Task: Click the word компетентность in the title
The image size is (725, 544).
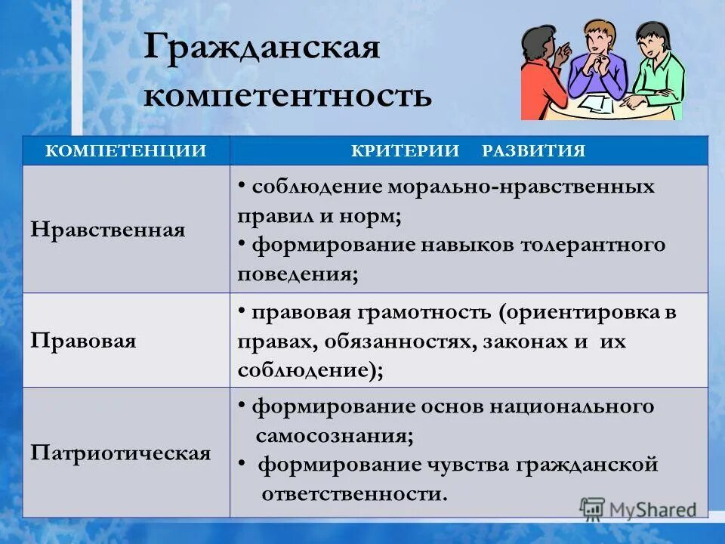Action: pos(288,95)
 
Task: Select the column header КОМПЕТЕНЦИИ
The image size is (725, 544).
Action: pos(126,150)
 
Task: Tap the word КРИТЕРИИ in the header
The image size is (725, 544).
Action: pos(405,150)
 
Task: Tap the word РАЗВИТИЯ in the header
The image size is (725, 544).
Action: pos(533,150)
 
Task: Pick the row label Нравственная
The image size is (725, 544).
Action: pos(108,229)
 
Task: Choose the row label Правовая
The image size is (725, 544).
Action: pos(84,340)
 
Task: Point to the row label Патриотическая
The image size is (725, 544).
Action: pos(121,453)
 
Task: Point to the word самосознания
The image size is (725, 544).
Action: pos(333,436)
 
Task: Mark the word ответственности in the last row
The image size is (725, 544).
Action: pos(352,494)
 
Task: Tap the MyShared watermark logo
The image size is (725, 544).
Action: pos(638,508)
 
